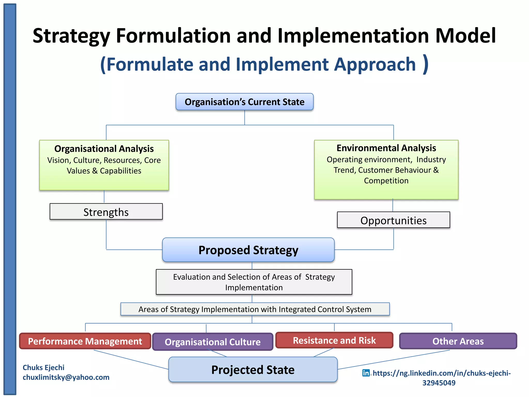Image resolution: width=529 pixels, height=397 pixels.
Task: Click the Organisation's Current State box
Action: tap(244, 102)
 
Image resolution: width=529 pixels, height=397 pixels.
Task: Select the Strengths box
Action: tap(106, 212)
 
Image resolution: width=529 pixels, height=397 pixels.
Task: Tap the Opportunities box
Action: tap(393, 220)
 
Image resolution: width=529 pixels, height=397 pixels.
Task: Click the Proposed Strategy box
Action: tap(248, 250)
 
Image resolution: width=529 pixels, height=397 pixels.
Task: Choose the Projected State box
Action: tap(253, 370)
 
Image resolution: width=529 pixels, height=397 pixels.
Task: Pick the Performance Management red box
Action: tap(85, 341)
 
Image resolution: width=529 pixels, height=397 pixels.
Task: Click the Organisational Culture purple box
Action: tap(213, 342)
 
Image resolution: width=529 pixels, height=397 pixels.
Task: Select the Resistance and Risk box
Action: tap(334, 340)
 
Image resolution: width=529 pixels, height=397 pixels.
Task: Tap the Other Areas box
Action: tap(458, 341)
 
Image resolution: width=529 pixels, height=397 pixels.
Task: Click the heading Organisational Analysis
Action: tap(104, 149)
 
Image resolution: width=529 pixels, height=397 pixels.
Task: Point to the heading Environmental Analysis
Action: tap(386, 148)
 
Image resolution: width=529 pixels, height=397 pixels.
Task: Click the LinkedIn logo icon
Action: tap(366, 373)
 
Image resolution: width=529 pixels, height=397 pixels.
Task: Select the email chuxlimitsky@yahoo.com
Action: tap(66, 377)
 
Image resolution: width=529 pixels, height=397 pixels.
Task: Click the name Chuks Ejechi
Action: tap(43, 368)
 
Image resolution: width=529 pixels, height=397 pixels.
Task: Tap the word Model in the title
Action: tap(465, 36)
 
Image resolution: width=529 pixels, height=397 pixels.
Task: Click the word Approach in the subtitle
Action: tap(375, 64)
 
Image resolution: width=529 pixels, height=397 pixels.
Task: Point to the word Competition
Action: tap(386, 181)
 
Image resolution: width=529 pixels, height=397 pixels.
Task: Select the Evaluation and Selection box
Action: tap(254, 282)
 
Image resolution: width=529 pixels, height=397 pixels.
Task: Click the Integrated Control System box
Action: tap(255, 309)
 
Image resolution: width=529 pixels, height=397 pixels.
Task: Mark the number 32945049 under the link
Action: tap(439, 383)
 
